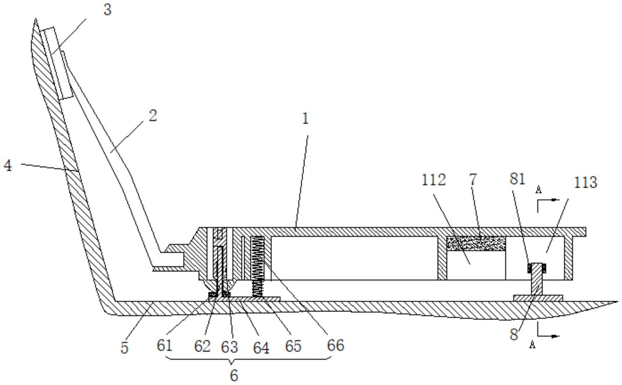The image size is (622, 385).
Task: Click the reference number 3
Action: [107, 10]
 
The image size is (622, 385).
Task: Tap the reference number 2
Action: [153, 116]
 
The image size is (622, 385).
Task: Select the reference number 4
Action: [8, 165]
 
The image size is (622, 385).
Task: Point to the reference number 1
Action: [305, 119]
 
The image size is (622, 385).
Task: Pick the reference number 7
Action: [473, 179]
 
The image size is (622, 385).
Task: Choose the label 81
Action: [517, 179]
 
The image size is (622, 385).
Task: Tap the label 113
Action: [586, 182]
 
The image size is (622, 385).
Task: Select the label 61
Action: [164, 346]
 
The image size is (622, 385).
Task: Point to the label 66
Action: [335, 345]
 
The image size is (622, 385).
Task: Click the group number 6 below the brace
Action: [234, 375]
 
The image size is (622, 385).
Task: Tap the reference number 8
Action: [514, 335]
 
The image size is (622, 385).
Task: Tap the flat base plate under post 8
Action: [538, 298]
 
